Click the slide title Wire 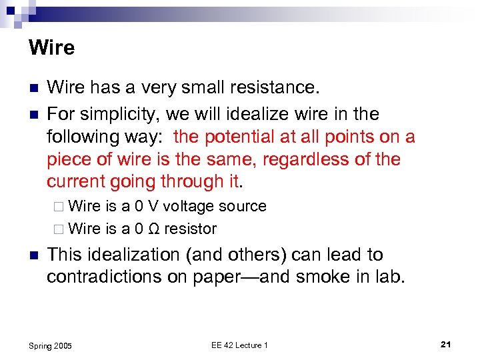[52, 48]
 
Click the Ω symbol [154, 229]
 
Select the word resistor [191, 229]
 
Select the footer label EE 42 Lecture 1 [239, 345]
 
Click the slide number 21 [446, 344]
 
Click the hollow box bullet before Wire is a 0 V [58, 207]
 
